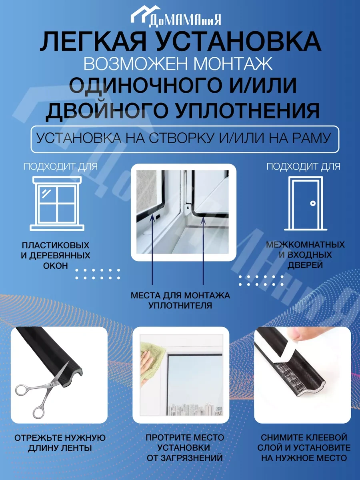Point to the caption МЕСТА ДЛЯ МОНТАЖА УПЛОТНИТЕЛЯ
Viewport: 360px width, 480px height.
click(x=180, y=301)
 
